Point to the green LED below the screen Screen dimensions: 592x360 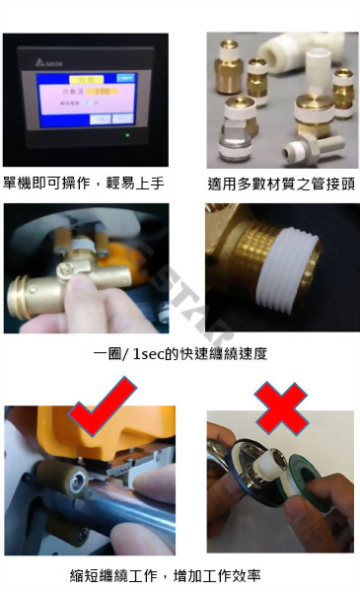tap(126, 135)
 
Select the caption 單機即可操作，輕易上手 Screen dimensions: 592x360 tap(84, 183)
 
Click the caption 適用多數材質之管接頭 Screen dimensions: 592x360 tap(281, 183)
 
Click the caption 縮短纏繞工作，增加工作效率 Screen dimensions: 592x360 tap(180, 575)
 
